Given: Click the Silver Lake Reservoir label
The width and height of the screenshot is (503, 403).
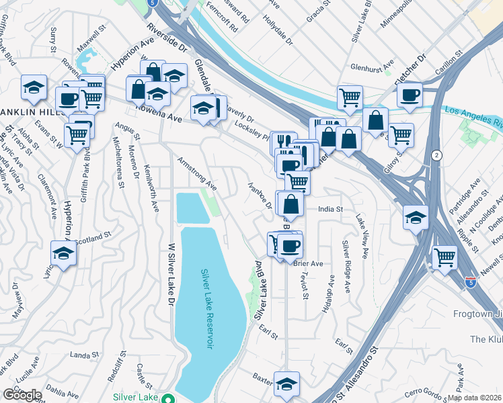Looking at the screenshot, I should click(x=208, y=309).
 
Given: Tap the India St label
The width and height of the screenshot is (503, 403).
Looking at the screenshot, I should click(x=330, y=210).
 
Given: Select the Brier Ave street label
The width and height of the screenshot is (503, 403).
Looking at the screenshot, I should click(x=309, y=263).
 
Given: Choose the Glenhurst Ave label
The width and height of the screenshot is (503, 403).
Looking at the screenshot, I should click(x=372, y=68).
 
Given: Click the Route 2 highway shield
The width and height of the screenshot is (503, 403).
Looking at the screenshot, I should click(x=438, y=155).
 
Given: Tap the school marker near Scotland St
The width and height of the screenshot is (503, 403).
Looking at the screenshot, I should click(x=63, y=253).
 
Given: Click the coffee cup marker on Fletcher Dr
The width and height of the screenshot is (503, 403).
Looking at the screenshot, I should click(x=409, y=95).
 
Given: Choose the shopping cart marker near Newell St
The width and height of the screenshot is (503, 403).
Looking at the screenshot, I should click(x=444, y=257).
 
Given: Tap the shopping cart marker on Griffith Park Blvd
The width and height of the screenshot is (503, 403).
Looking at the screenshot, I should click(x=77, y=136).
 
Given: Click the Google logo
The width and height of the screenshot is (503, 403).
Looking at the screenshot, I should click(x=21, y=394).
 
